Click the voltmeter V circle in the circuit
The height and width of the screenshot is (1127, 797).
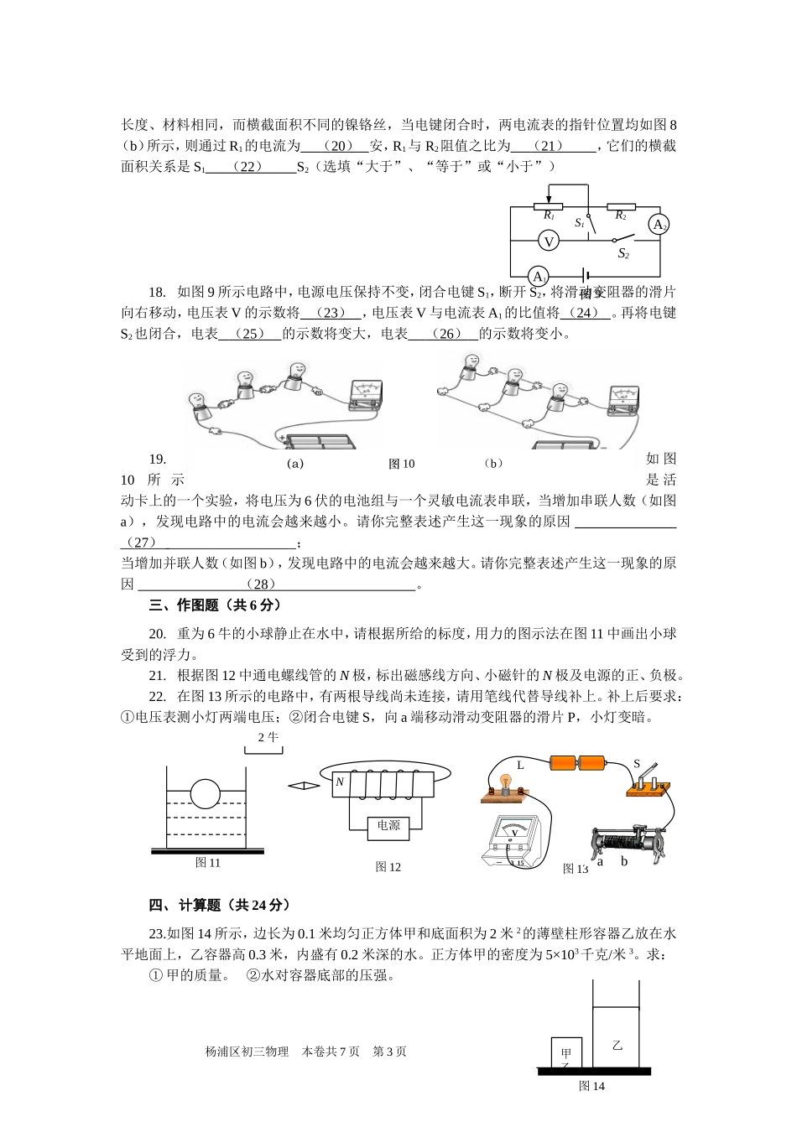tap(549, 241)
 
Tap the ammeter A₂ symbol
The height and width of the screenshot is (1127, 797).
tap(659, 225)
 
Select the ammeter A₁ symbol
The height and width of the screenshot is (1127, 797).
tap(538, 277)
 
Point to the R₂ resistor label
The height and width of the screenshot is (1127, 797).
tap(621, 216)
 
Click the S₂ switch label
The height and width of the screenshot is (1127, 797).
tap(623, 253)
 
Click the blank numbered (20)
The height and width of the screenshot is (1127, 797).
tap(336, 146)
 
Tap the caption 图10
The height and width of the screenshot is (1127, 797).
tap(402, 464)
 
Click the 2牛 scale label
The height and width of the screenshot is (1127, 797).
tap(268, 737)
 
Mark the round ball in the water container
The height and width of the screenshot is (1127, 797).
tap(206, 793)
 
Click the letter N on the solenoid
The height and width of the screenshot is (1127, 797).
tap(340, 782)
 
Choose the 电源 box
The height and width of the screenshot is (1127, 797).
tap(388, 826)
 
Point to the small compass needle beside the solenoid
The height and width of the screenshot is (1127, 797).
tap(304, 786)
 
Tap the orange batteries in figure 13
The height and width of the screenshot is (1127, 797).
tap(577, 762)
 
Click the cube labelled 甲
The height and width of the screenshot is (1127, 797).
tap(566, 1054)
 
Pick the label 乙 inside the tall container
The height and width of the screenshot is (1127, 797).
tap(617, 1046)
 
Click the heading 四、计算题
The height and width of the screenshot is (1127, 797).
tap(220, 906)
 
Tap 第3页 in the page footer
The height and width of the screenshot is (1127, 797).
tap(389, 1052)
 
